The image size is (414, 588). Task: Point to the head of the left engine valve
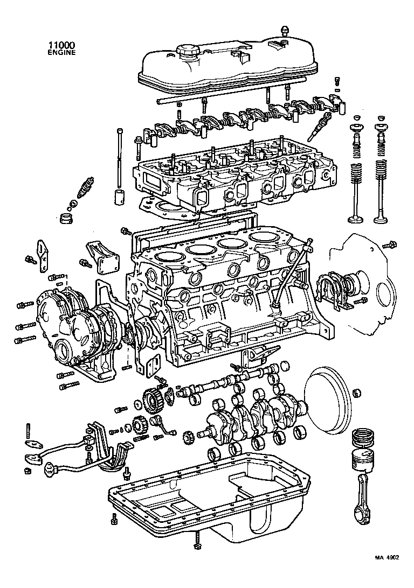tap(357, 219)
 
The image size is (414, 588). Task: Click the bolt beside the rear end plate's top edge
tap(389, 246)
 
